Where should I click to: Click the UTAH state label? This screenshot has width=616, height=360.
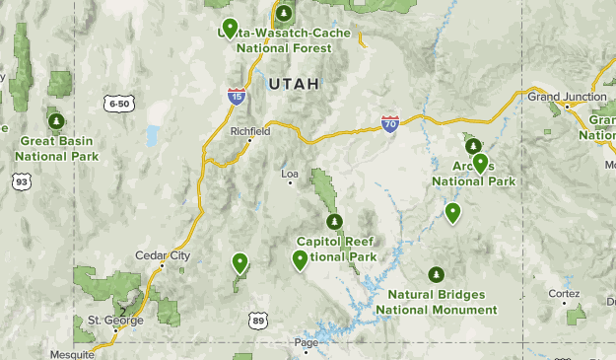coord(293,85)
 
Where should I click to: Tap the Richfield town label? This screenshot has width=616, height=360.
coord(249,131)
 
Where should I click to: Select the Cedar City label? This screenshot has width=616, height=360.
coord(162,255)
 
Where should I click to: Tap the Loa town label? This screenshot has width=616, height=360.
coord(290,175)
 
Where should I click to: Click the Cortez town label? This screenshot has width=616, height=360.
coord(564,294)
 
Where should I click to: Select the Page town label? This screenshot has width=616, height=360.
coord(307,342)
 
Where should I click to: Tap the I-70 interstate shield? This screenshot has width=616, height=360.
coord(390,123)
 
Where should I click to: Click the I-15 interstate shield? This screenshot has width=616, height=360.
coord(237,96)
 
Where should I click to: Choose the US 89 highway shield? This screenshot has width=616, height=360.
coord(258,321)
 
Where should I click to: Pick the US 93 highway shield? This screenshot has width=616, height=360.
coord(21,180)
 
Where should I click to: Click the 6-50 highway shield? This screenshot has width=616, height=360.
coord(118,103)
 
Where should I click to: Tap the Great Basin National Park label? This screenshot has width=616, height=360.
coord(57,148)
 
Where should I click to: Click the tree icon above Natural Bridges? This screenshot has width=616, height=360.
coord(436,274)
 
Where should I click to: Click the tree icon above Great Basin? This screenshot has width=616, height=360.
coord(57,121)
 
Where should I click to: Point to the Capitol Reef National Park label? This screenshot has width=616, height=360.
coord(336,249)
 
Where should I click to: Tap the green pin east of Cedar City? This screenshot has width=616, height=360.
coord(240,262)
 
